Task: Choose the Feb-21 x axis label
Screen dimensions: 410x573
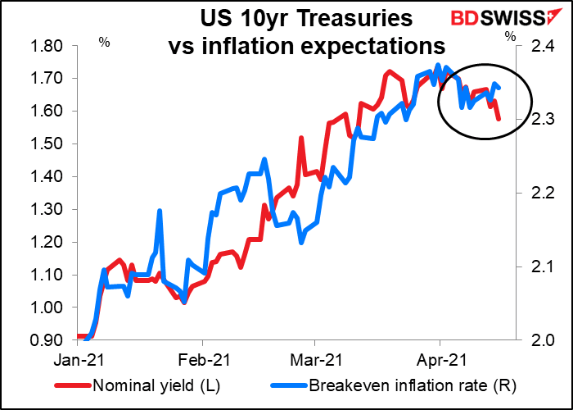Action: [202, 358]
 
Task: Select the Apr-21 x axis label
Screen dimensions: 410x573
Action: [441, 358]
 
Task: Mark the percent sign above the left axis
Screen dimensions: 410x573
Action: [103, 39]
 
